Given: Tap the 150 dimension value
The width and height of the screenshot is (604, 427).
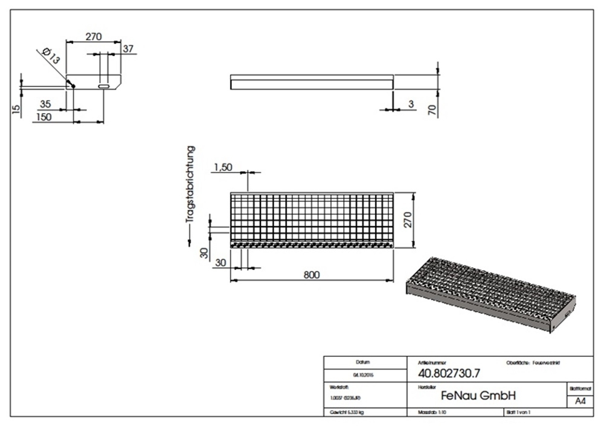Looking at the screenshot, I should (44, 117).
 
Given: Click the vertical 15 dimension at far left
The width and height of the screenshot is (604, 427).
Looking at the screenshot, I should (16, 109).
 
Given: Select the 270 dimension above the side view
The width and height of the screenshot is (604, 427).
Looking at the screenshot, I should (93, 37).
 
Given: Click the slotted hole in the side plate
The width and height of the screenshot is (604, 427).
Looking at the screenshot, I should (104, 86).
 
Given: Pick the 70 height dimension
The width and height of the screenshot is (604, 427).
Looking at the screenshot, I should (431, 109).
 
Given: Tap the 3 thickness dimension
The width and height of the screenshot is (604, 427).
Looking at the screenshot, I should (411, 104).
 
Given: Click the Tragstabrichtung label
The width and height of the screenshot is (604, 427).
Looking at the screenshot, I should (191, 184).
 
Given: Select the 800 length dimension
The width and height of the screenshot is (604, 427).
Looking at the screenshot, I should (312, 275).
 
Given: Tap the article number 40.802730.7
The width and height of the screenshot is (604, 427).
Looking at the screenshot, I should (443, 373).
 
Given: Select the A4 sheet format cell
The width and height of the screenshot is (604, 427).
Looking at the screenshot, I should (579, 402).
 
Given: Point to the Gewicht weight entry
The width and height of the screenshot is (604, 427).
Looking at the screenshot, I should (347, 412).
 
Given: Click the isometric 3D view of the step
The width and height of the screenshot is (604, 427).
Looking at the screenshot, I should (489, 294).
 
